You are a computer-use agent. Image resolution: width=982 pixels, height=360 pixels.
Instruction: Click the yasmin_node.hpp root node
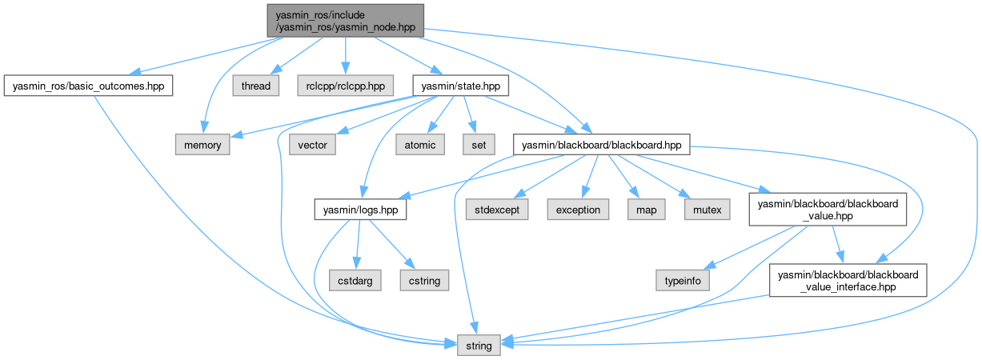pyautogui.click(x=345, y=19)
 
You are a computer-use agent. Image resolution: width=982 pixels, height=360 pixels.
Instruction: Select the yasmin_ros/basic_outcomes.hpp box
pyautogui.click(x=88, y=85)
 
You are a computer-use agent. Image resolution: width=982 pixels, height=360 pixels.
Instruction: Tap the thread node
pyautogui.click(x=256, y=85)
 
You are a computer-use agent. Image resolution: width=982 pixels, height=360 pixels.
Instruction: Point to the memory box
pyautogui.click(x=203, y=145)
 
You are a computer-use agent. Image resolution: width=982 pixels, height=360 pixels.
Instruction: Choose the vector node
pyautogui.click(x=312, y=145)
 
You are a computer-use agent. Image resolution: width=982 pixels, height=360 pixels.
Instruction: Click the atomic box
pyautogui.click(x=420, y=145)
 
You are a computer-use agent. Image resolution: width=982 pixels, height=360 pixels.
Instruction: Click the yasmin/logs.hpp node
pyautogui.click(x=360, y=210)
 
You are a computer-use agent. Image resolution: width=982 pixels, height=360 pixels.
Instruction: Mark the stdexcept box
pyautogui.click(x=496, y=210)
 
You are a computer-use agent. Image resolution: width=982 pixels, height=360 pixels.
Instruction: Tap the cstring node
pyautogui.click(x=425, y=280)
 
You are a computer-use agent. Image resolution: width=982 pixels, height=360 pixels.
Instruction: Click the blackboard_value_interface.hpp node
pyautogui.click(x=848, y=280)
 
